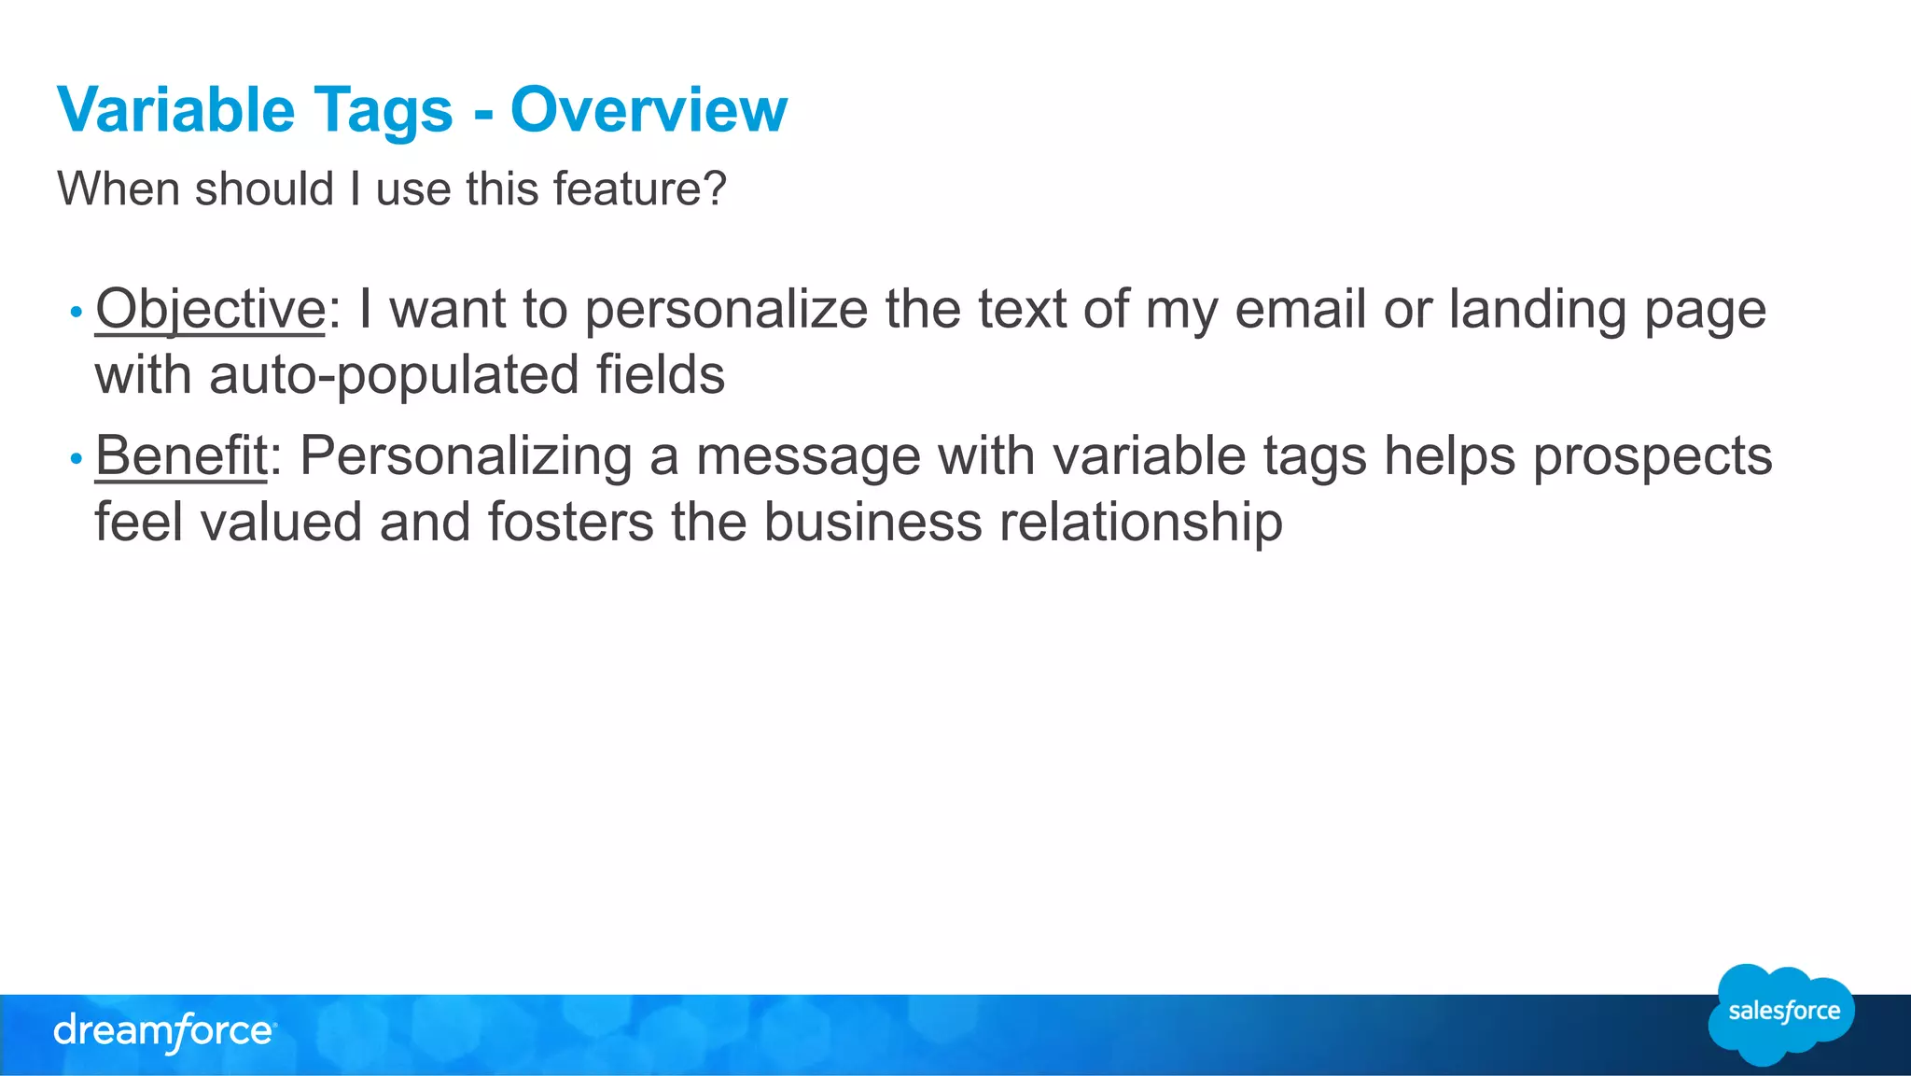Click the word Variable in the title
tap(176, 110)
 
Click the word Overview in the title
tap(649, 110)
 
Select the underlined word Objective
tap(210, 309)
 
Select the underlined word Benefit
tap(181, 456)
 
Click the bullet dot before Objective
tap(77, 312)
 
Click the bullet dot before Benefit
tap(77, 458)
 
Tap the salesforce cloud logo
tap(1782, 1013)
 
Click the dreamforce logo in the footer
tap(164, 1032)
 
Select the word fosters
tap(570, 522)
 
